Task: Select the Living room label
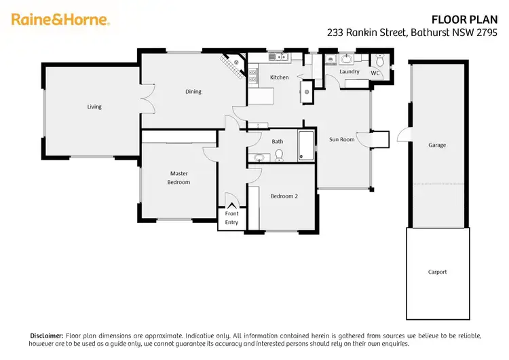[x=94, y=107]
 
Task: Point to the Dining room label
[x=193, y=92]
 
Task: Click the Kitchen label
[x=280, y=77]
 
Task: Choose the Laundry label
[x=350, y=71]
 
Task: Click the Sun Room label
[x=342, y=139]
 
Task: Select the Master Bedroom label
[x=179, y=178]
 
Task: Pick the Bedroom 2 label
[x=284, y=196]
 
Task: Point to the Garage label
[x=437, y=145]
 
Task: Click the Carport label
[x=437, y=272]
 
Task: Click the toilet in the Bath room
[x=279, y=156]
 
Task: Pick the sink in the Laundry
[x=346, y=58]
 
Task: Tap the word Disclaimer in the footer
[x=47, y=336]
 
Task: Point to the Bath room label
[x=278, y=141]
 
